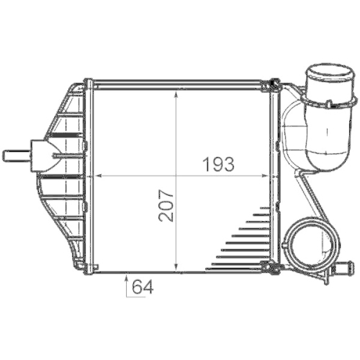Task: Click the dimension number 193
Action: pos(219,163)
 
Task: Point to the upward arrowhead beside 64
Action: pos(127,276)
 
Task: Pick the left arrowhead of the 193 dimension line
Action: pos(97,175)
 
